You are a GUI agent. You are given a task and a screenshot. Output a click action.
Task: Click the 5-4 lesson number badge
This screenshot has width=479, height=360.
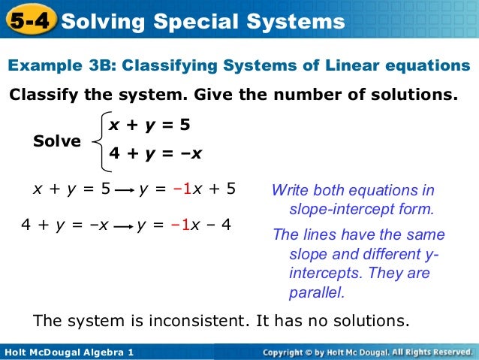(29, 22)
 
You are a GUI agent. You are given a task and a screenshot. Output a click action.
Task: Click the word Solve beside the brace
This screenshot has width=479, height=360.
(57, 141)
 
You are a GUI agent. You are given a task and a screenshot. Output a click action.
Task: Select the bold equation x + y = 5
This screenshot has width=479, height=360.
(149, 123)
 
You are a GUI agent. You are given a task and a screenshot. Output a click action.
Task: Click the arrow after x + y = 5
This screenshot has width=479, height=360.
(125, 190)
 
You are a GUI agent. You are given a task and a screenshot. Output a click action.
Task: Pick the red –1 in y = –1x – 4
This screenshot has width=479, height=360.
(180, 223)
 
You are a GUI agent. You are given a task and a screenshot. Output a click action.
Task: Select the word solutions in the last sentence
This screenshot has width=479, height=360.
(373, 321)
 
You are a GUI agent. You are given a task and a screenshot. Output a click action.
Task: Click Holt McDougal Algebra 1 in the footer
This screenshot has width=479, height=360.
(68, 352)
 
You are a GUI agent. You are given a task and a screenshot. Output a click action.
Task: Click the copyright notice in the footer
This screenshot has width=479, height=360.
(367, 352)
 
